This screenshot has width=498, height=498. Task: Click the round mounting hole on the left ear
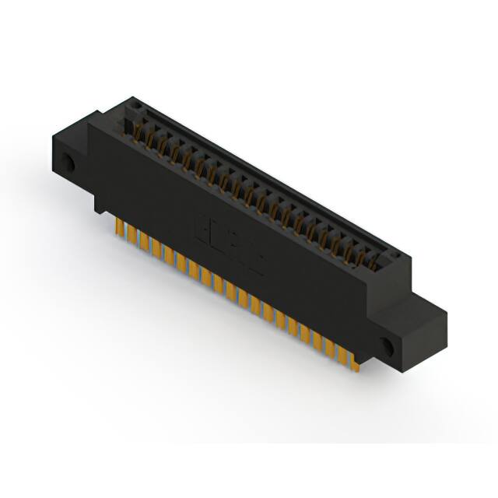68,164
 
